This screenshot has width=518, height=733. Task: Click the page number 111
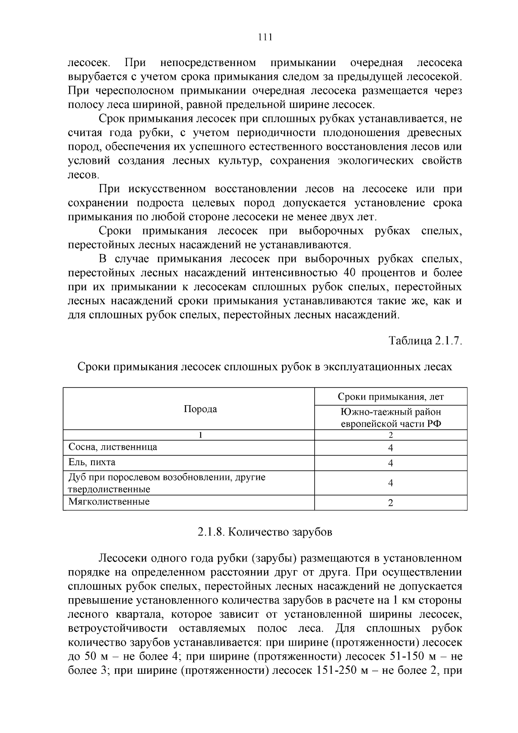265,37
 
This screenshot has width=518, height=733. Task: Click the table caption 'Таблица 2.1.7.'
425,341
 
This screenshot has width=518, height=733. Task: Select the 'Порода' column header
200,409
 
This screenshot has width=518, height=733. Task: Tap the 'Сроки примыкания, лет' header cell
390,397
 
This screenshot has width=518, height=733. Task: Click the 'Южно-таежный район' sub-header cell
391,417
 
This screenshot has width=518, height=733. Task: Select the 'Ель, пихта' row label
92,463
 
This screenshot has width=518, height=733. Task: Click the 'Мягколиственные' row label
109,502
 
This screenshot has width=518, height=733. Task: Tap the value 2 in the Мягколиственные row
390,503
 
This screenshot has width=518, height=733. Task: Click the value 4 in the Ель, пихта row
390,463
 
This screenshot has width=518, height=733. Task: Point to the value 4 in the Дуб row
390,483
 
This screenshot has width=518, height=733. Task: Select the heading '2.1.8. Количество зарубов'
265,532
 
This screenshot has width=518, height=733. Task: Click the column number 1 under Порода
200,435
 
